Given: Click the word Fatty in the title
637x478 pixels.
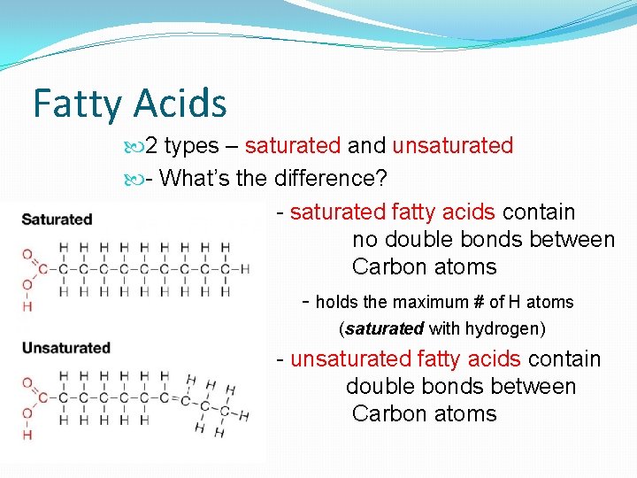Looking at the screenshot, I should pyautogui.click(x=76, y=104).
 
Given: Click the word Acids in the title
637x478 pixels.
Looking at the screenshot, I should pyautogui.click(x=179, y=104).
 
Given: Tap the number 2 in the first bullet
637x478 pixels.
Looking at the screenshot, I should pyautogui.click(x=151, y=145).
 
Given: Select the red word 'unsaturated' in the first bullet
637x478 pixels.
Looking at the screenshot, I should pyautogui.click(x=452, y=145).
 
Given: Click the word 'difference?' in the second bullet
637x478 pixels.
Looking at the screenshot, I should pyautogui.click(x=331, y=178).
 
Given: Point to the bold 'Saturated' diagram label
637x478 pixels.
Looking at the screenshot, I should pyautogui.click(x=57, y=219).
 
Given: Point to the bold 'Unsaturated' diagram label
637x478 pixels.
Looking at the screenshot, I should pyautogui.click(x=65, y=347).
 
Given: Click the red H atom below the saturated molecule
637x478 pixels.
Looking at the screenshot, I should pyautogui.click(x=27, y=305).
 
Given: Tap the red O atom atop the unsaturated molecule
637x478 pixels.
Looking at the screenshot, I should pyautogui.click(x=27, y=383).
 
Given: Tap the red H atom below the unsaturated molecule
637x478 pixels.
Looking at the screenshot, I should pyautogui.click(x=27, y=435).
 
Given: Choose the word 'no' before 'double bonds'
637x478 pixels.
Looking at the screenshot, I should pyautogui.click(x=364, y=240).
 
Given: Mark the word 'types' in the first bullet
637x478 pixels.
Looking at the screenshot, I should pyautogui.click(x=192, y=145).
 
